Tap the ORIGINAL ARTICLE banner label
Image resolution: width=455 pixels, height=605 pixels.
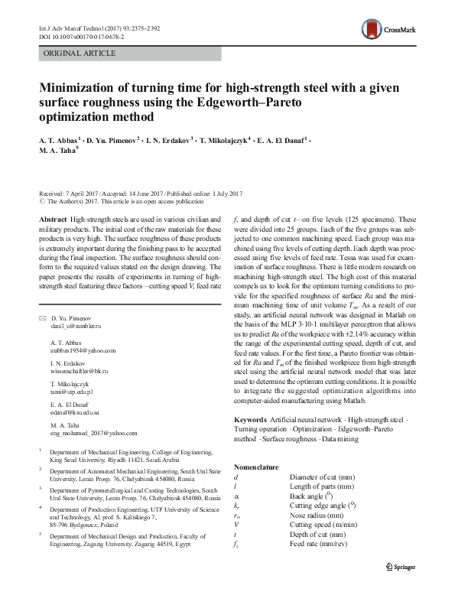[x=80, y=53]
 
